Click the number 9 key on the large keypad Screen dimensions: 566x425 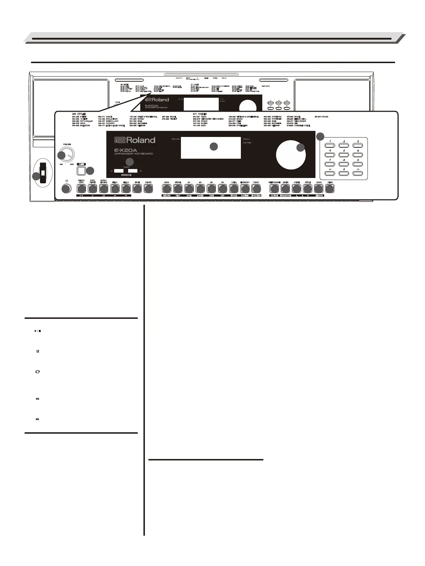click(358, 164)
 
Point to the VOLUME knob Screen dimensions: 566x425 click(66, 155)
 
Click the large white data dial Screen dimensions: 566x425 click(291, 155)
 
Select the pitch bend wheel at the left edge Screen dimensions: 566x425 click(42, 173)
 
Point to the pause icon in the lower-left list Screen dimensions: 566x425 click(37, 351)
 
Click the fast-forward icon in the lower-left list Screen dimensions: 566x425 click(37, 419)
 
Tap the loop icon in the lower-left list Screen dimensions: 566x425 click(37, 372)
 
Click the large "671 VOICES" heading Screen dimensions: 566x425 click(199, 114)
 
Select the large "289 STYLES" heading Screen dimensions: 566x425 click(79, 114)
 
